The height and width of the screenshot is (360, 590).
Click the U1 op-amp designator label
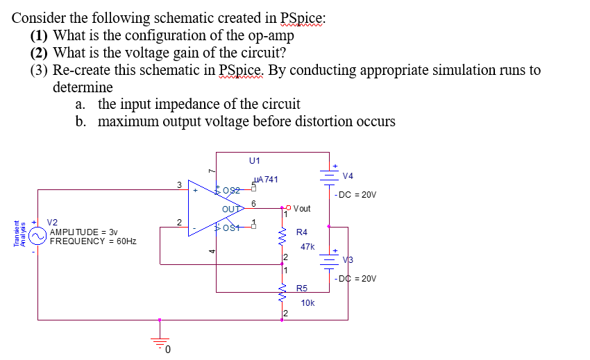point(254,160)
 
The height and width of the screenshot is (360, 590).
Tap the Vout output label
point(302,208)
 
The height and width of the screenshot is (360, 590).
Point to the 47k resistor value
point(307,246)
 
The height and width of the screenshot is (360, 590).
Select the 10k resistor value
point(307,302)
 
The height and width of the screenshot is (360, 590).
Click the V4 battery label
point(347,175)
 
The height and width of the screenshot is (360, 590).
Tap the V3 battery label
point(348,260)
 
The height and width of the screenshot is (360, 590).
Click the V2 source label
point(53,223)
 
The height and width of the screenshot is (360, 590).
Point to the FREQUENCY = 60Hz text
point(92,241)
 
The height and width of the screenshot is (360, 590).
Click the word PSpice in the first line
point(296,19)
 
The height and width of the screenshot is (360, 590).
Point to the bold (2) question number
point(40,53)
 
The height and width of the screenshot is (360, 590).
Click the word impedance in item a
point(189,104)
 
